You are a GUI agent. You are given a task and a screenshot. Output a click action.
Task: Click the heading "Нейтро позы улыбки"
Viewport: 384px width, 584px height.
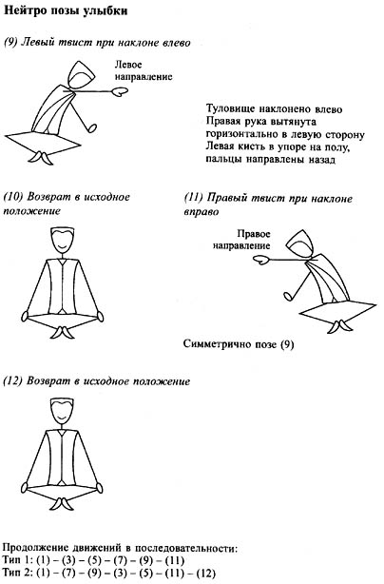point(66,10)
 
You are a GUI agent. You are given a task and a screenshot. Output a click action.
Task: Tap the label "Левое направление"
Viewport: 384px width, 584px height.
point(144,70)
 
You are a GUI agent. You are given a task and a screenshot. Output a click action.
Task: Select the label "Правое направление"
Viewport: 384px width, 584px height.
point(241,240)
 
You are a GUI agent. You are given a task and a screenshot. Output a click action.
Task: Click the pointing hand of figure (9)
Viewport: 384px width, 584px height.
point(120,91)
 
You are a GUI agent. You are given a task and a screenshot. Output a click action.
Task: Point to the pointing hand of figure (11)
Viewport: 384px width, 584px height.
point(261,260)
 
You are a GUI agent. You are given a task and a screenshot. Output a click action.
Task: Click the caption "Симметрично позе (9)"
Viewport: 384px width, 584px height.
point(239,343)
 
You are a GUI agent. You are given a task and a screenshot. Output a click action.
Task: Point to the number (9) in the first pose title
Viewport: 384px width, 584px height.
point(10,43)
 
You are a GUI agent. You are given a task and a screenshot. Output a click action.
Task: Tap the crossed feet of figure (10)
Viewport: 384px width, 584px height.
point(63,332)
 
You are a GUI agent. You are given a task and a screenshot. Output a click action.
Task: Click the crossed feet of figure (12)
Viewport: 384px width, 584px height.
point(62,502)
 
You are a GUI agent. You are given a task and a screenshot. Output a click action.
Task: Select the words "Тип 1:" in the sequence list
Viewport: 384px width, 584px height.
point(18,560)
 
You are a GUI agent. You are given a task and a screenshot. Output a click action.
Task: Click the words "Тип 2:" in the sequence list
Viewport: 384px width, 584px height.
point(18,572)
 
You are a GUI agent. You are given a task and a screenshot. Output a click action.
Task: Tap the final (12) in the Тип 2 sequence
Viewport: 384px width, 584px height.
point(205,573)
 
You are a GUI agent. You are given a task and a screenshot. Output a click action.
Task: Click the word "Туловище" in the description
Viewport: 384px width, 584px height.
point(229,109)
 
